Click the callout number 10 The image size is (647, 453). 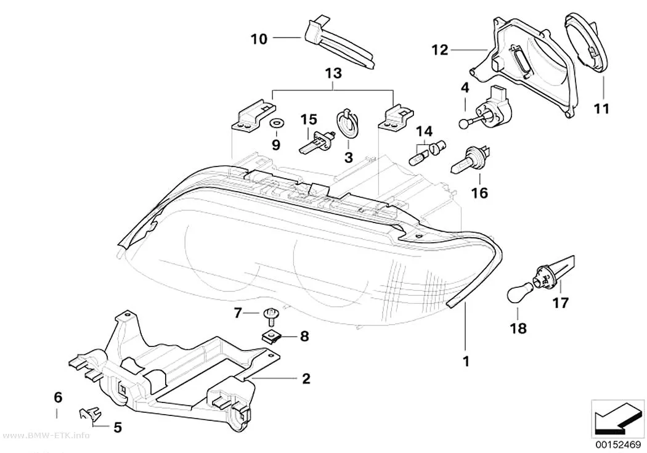coord(259,39)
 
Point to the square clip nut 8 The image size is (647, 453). coord(272,337)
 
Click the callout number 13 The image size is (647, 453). coord(333,73)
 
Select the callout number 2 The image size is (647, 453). coord(306,378)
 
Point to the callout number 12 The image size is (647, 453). coord(439,50)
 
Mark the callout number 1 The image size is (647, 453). coord(466,361)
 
